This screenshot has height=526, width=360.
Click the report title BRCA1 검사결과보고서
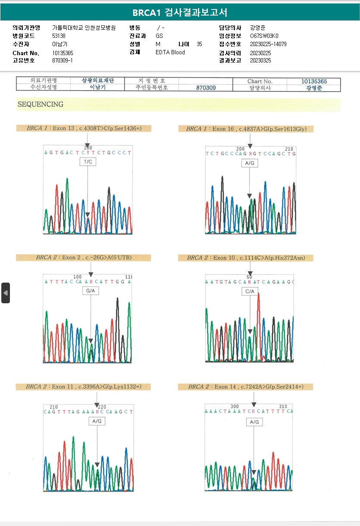[x=180, y=12]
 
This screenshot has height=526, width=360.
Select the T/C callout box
[x=88, y=162]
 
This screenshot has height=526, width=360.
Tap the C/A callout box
[x=250, y=292]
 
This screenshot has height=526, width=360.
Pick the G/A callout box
[x=91, y=291]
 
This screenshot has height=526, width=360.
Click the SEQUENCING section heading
[x=41, y=104]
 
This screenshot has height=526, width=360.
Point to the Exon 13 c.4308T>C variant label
[x=84, y=128]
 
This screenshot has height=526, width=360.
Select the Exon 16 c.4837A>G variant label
[x=246, y=129]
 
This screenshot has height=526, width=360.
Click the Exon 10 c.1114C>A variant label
[x=246, y=258]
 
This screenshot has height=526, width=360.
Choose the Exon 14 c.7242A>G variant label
[x=246, y=387]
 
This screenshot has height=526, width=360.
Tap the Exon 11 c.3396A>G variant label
[x=84, y=387]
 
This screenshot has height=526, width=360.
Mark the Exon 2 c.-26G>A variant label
[x=84, y=258]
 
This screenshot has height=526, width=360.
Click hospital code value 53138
[x=59, y=36]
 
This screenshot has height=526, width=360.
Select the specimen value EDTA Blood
[x=170, y=53]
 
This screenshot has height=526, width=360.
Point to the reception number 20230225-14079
[x=268, y=44]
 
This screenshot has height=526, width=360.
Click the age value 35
[x=199, y=44]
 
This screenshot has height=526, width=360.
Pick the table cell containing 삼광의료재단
[x=98, y=81]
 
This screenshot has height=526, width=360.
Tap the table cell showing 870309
[x=206, y=87]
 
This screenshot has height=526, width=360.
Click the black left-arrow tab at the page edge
[x=5, y=293]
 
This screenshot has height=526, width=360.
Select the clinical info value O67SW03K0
[x=264, y=36]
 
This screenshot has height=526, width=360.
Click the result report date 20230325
[x=260, y=61]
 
